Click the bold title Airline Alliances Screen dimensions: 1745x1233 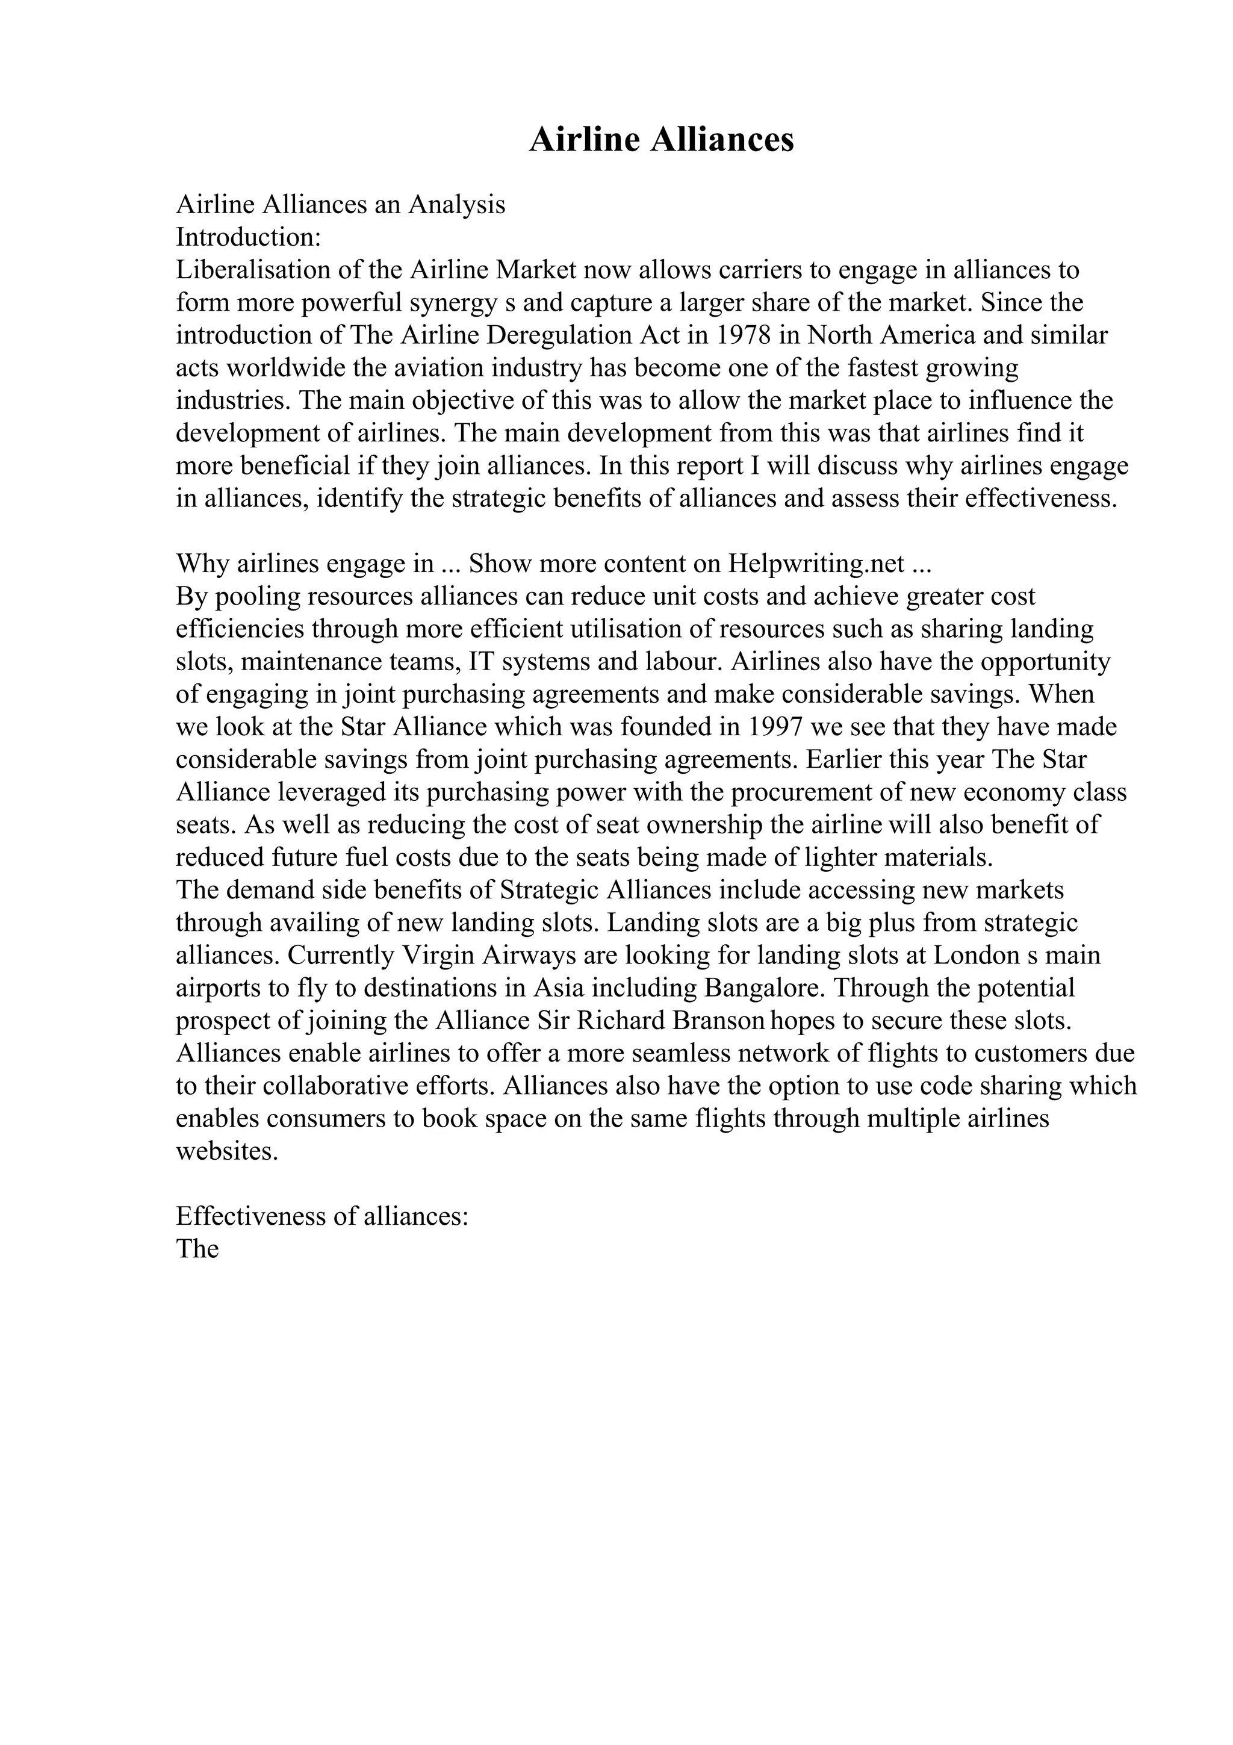tap(661, 140)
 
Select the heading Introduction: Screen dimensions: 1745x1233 tap(249, 237)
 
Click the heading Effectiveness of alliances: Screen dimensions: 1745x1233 tap(322, 1216)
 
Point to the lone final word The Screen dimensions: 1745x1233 tap(197, 1249)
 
